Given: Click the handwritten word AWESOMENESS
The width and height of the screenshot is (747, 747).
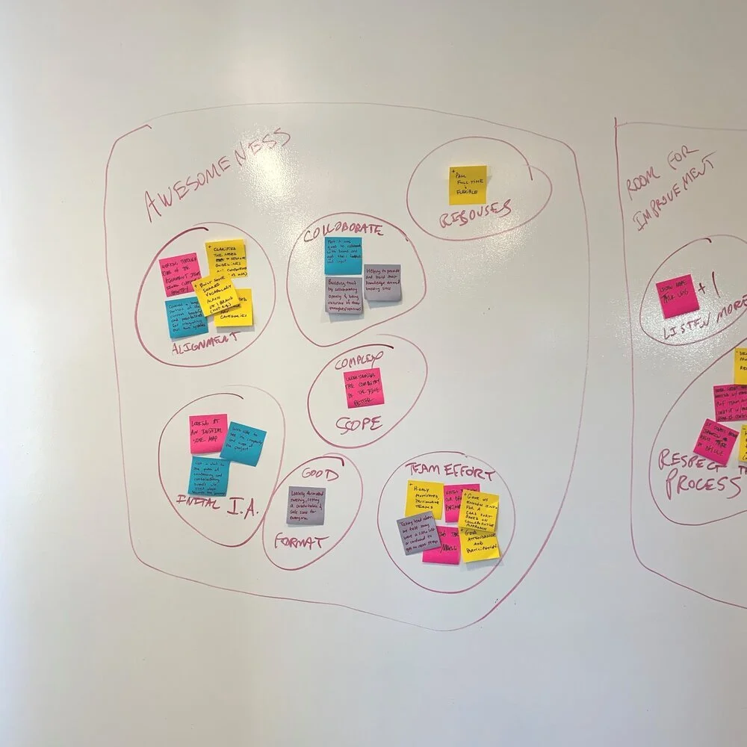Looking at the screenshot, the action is (x=217, y=173).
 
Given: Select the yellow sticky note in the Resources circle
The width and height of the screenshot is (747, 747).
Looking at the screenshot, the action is (x=468, y=185).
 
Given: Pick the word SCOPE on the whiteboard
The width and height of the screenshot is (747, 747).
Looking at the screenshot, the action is (x=359, y=424).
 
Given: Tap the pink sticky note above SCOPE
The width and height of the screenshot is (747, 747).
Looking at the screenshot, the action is (x=364, y=387).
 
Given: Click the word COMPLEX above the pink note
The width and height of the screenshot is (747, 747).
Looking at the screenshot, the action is (x=358, y=362).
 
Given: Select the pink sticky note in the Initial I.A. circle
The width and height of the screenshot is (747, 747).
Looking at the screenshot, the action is (x=208, y=433).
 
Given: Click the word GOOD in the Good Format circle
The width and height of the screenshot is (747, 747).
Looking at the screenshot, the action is (x=320, y=474).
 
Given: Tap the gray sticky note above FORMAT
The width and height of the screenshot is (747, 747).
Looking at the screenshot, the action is (x=306, y=505).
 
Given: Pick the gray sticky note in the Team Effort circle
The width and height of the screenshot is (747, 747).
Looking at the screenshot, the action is (x=418, y=534).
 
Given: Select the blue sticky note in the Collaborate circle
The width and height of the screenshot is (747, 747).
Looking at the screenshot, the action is (x=343, y=255).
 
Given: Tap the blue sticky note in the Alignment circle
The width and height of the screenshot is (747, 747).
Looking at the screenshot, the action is (x=184, y=317).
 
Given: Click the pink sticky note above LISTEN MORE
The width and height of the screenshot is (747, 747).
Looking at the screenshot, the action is (x=678, y=296).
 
